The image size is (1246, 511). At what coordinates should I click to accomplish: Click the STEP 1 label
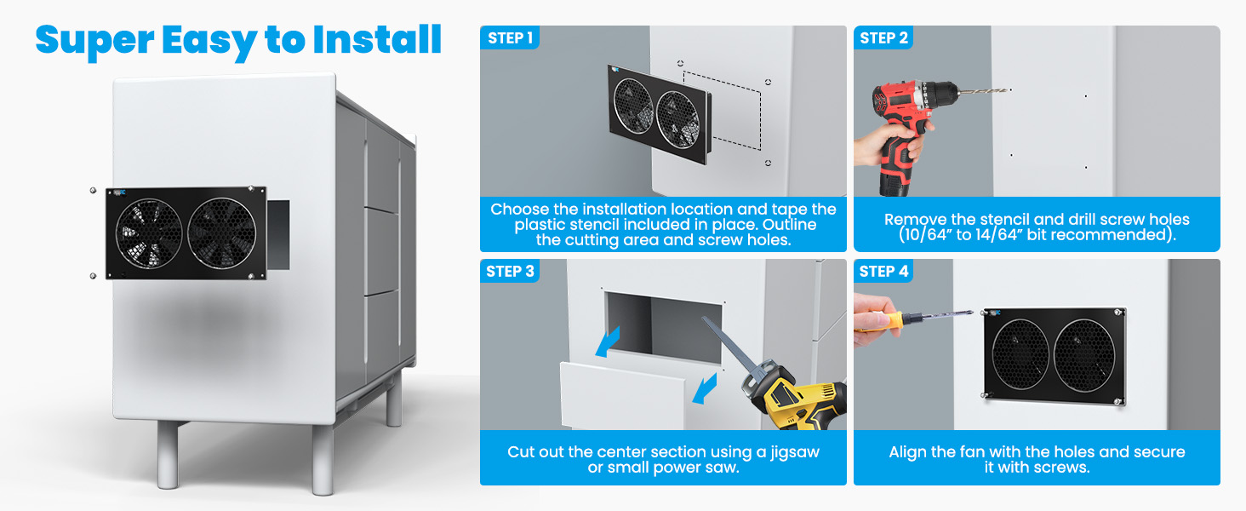point(510,37)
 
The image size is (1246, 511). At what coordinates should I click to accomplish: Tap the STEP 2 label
point(883,37)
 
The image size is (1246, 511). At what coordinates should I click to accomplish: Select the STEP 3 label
point(510,271)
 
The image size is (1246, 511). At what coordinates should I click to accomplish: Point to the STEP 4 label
point(883,271)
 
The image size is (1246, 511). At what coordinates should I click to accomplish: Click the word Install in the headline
point(377,40)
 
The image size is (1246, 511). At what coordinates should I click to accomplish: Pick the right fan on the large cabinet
point(222,233)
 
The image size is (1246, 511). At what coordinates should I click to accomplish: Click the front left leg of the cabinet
point(168,454)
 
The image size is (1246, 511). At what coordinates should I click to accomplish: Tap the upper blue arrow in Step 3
point(608,342)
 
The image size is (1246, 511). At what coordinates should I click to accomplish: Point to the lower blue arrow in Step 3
point(705,388)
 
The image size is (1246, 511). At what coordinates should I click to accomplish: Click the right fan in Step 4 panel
point(1084,355)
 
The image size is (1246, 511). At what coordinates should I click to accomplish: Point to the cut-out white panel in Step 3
point(622,395)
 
